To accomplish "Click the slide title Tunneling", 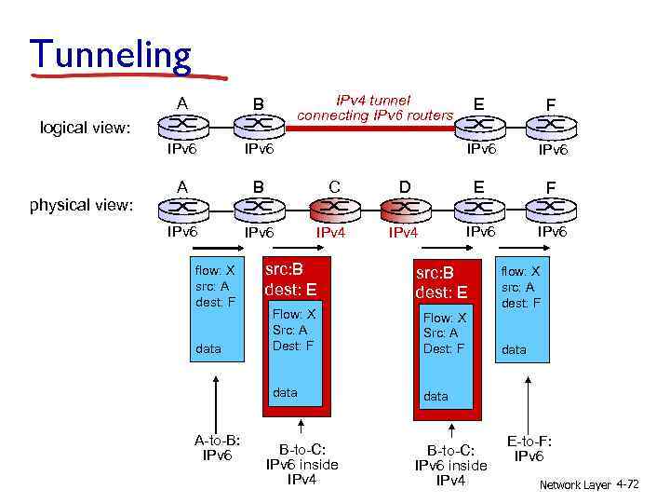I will [111, 55].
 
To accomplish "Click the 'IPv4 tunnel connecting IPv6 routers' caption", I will [375, 107].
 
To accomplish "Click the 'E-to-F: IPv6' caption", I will [529, 448].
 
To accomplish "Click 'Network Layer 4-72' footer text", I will [589, 485].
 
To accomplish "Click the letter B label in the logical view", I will [260, 102].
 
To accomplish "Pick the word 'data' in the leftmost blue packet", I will [208, 348].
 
